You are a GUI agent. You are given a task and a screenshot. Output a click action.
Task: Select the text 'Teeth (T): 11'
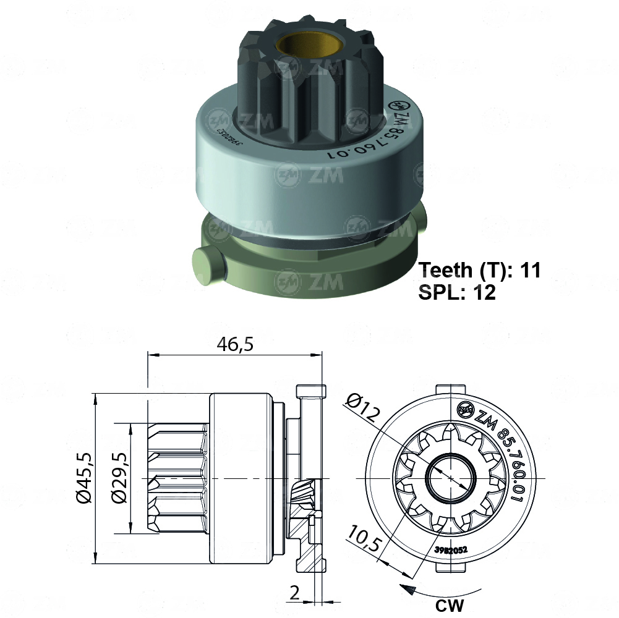tap(480, 270)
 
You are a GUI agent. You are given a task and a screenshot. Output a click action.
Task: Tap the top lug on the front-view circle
tap(451, 389)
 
